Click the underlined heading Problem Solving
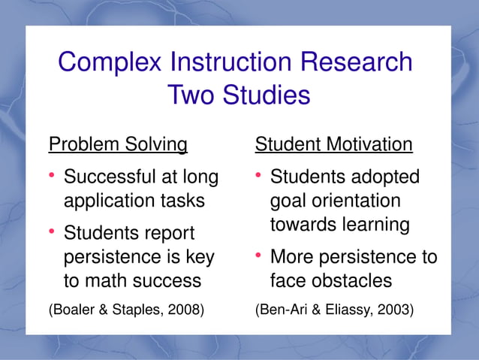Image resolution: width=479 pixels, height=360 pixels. pos(118,144)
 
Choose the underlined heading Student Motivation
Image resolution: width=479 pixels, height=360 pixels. pos(334,144)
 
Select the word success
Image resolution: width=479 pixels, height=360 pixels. pos(170,281)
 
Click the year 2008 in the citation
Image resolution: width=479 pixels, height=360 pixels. pos(185,308)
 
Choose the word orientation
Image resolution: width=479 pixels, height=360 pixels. pos(355,201)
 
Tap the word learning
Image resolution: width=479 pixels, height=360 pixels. pos(372,225)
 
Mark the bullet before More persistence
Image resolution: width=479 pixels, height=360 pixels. pos(258,256)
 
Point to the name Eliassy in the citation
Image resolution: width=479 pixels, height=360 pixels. pos(345,308)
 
